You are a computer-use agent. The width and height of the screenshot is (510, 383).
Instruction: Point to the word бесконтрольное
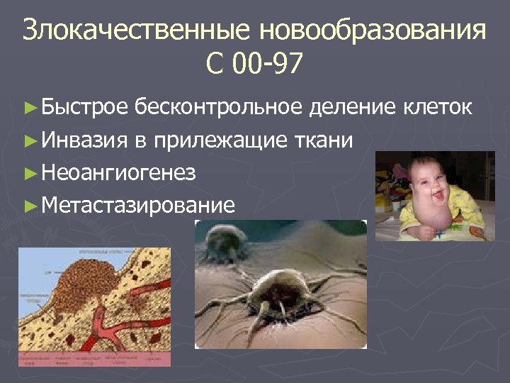(219, 108)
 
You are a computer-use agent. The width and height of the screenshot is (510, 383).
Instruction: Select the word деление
(353, 108)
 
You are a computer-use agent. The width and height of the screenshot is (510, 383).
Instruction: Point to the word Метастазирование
(138, 206)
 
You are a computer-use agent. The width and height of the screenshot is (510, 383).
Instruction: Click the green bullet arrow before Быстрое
(29, 109)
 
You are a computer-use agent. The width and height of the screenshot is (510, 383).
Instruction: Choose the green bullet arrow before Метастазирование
(29, 206)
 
